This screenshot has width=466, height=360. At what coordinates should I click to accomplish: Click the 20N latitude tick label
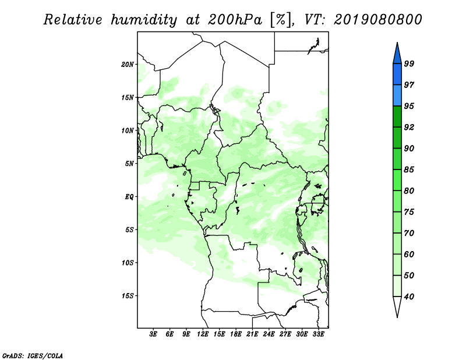tap(128, 65)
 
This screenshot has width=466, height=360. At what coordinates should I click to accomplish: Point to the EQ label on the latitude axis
tap(129, 197)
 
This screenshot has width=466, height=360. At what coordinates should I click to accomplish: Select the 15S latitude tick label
tap(128, 296)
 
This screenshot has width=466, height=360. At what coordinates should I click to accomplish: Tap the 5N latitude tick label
tap(129, 164)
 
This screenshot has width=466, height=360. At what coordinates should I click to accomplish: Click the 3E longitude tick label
tap(153, 334)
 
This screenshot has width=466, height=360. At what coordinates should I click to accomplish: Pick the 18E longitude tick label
tap(236, 334)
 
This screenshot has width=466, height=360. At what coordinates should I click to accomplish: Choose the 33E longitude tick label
tap(318, 334)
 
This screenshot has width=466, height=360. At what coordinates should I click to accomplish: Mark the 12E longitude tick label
tap(203, 334)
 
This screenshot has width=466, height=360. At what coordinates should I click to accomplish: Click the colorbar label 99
tap(409, 63)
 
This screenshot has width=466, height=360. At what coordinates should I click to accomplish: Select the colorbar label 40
tap(409, 297)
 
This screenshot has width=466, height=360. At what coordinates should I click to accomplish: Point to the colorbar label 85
tap(409, 170)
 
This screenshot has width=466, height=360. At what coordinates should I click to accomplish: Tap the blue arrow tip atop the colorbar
tap(397, 43)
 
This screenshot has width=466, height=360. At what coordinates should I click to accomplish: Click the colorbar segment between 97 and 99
tap(397, 75)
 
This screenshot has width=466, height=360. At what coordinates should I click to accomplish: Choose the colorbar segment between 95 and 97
tap(397, 96)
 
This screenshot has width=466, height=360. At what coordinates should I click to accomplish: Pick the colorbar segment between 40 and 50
tap(397, 286)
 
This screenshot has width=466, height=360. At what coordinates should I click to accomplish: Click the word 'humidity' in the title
tap(144, 20)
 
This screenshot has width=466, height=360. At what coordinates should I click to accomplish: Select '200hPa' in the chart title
tap(235, 20)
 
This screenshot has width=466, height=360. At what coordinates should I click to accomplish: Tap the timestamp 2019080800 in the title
tap(377, 20)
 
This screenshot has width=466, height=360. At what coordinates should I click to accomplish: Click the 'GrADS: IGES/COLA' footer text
tap(33, 355)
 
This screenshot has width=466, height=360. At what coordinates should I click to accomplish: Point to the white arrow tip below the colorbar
tap(397, 317)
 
